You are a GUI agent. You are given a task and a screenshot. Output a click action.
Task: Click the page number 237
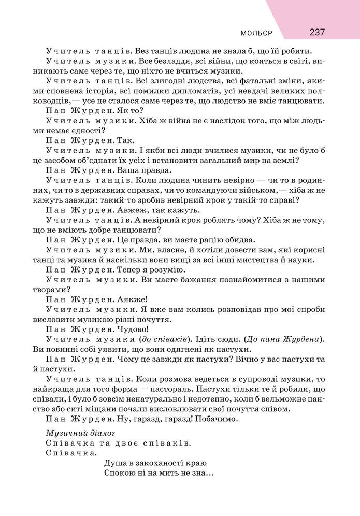click(317, 32)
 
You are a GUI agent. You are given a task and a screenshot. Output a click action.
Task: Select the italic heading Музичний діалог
click(80, 433)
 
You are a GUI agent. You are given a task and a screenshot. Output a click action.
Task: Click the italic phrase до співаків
click(163, 339)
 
